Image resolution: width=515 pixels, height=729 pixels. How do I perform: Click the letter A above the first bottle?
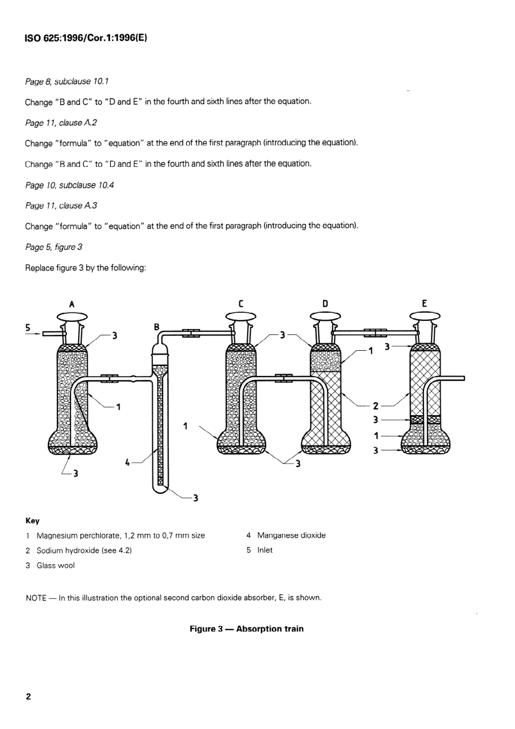[72, 304]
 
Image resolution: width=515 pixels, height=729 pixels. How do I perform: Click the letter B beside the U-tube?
[157, 327]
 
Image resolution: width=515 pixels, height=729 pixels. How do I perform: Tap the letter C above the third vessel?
[241, 304]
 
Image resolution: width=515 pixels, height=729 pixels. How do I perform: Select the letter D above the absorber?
[325, 304]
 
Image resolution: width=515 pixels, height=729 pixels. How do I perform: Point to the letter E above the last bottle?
[424, 304]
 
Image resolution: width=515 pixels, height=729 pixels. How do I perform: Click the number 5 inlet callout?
[28, 327]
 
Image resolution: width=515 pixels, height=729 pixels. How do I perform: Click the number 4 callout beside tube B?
[127, 462]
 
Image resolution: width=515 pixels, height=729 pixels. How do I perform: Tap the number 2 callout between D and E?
[375, 405]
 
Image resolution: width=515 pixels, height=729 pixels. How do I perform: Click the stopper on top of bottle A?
[72, 317]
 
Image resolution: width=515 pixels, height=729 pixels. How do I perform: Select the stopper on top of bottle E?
[424, 317]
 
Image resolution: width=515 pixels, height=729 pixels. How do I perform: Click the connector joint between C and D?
[284, 378]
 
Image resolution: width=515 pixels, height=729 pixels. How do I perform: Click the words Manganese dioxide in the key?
[291, 536]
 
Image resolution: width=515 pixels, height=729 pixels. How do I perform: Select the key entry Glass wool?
[55, 565]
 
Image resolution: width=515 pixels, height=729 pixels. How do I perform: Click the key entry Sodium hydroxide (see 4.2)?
[84, 551]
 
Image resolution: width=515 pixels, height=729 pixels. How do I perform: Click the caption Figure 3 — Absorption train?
[246, 629]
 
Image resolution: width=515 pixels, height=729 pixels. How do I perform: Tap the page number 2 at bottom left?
[28, 696]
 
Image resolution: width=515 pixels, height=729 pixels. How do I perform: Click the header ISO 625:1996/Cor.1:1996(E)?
[86, 38]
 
